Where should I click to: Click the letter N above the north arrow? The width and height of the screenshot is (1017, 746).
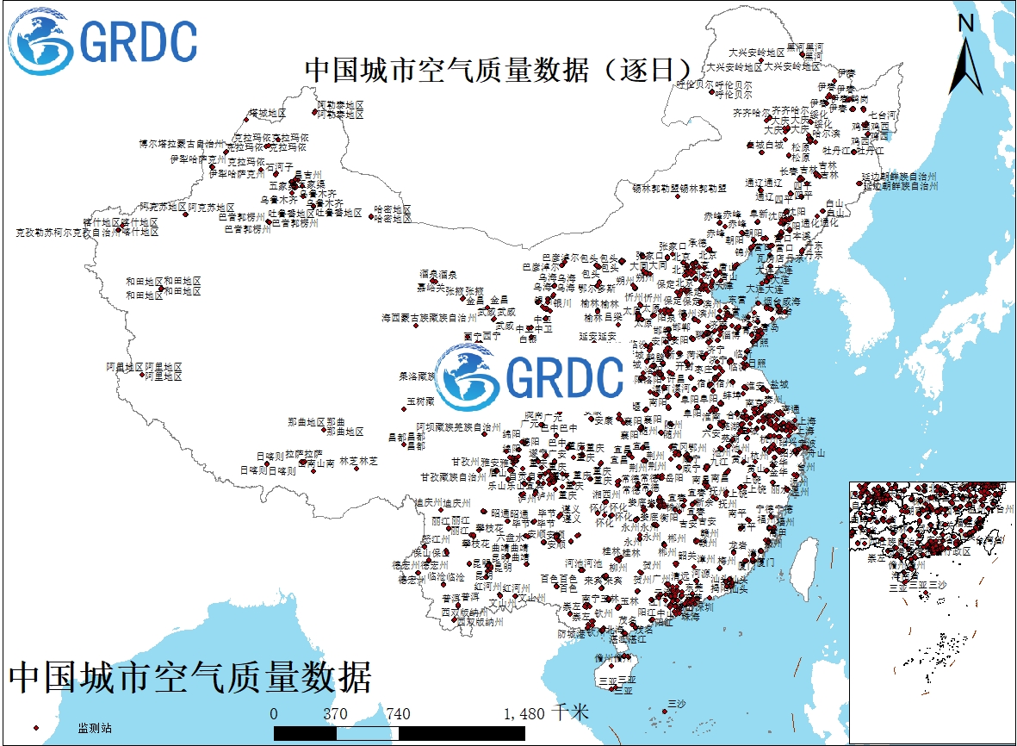(966, 24)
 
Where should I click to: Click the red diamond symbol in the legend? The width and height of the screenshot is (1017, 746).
(36, 729)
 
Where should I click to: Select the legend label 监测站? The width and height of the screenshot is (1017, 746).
(94, 729)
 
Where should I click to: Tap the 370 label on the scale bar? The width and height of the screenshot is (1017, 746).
(335, 714)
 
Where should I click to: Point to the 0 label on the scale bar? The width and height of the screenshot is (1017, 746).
(274, 714)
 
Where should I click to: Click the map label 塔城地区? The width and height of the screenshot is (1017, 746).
(268, 113)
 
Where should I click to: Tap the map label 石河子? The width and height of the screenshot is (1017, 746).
(281, 165)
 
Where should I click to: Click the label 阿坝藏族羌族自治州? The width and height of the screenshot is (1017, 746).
(459, 426)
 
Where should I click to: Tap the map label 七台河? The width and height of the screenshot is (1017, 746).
(884, 115)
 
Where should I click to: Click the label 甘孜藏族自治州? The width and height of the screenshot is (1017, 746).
(454, 476)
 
